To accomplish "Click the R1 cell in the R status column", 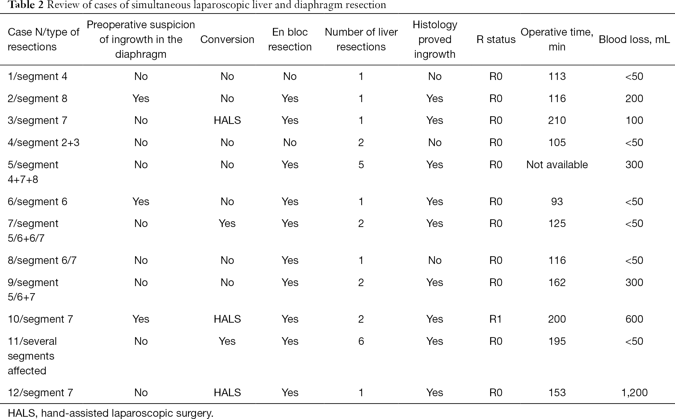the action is click(x=496, y=319).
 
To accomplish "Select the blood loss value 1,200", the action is click(x=634, y=393).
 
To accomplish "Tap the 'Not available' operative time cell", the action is click(x=557, y=165).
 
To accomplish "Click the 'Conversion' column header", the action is click(x=227, y=39).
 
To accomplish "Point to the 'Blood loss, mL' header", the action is click(x=634, y=39).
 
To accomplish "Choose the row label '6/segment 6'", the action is click(x=38, y=202).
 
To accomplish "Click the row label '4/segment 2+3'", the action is click(x=44, y=143).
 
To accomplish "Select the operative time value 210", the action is click(x=557, y=120).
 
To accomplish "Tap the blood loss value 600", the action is click(x=634, y=319).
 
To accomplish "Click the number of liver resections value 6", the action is click(x=361, y=341).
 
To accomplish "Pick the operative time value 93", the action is click(x=557, y=202).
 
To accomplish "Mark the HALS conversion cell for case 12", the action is click(x=227, y=393).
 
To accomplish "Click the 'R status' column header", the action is click(x=496, y=39).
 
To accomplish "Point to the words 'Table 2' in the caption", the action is click(x=26, y=5).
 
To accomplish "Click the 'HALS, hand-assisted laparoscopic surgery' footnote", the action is click(x=111, y=413).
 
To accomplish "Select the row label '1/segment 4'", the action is click(x=38, y=76).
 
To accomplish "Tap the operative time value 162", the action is click(x=557, y=283).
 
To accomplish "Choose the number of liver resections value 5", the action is click(x=361, y=165).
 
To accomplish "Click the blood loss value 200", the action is click(x=634, y=99).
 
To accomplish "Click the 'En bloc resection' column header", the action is click(x=290, y=39).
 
